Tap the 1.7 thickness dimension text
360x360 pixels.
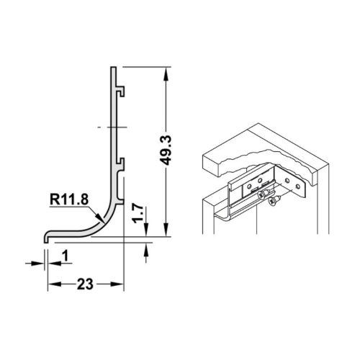pos(143,212)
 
